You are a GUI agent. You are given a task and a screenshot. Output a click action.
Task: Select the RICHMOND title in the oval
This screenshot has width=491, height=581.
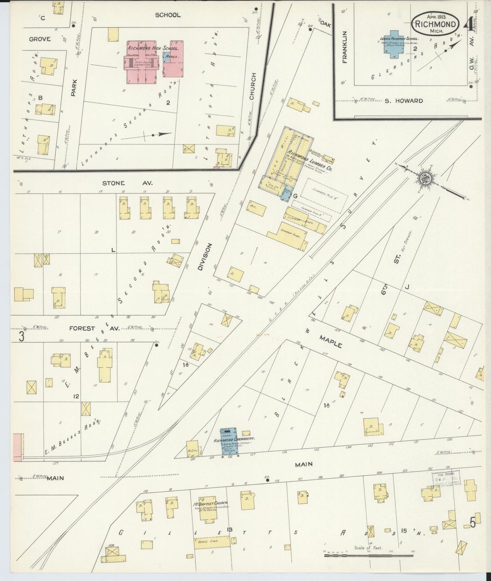tap(436, 24)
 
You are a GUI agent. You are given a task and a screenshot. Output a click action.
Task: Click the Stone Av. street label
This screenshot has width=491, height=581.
tap(128, 183)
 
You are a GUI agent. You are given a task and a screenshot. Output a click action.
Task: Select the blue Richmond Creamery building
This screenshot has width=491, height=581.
tap(229, 441)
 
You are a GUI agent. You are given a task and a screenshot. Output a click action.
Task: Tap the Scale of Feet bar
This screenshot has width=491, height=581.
tap(369, 555)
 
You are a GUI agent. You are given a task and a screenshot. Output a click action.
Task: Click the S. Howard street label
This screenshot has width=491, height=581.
tap(404, 101)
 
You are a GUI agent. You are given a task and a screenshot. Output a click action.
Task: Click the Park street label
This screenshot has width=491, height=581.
tap(74, 88)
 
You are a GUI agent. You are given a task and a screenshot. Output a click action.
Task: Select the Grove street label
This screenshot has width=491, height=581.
tap(40, 39)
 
